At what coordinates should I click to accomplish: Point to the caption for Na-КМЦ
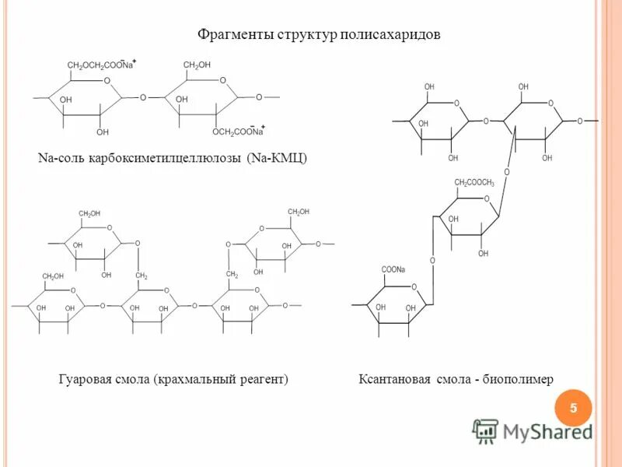173,159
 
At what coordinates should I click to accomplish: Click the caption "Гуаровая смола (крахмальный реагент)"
173,379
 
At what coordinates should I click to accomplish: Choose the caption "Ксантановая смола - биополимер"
456,379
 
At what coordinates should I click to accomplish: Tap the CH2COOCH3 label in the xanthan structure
474,183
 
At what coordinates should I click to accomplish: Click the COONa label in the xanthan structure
393,270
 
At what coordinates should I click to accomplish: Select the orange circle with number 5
574,408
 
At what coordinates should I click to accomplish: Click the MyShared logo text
547,431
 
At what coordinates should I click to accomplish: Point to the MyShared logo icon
485,431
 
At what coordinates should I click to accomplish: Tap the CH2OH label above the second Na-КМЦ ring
197,65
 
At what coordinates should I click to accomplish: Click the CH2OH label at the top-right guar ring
299,212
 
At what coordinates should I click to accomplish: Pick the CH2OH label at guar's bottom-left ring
53,276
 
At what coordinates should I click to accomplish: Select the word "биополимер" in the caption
519,379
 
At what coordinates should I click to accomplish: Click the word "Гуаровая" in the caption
86,379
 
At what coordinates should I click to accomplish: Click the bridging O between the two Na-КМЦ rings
143,98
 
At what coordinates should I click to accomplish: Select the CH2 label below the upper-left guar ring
142,276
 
